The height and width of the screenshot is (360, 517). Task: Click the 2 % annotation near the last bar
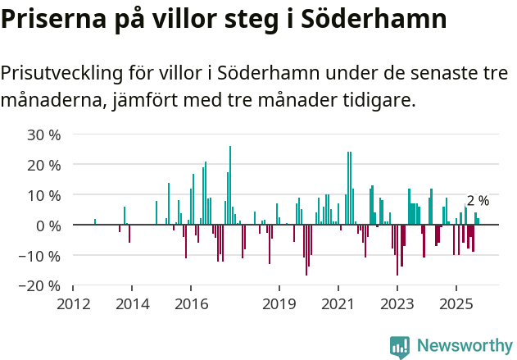pyautogui.click(x=478, y=201)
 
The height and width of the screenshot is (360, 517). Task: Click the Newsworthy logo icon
pyautogui.click(x=400, y=346)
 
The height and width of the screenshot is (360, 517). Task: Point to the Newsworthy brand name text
pyautogui.click(x=464, y=346)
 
